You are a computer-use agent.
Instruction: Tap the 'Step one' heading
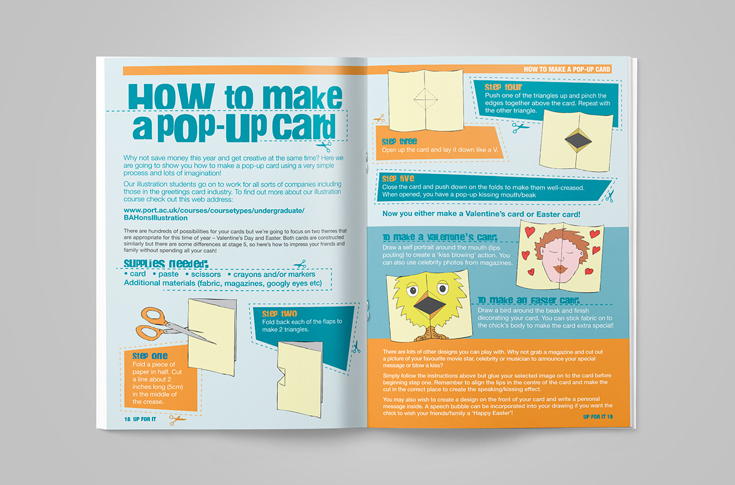click(150, 356)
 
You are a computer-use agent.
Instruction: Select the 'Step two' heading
click(279, 313)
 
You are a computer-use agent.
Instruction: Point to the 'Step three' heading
click(399, 142)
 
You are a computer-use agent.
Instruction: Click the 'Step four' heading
click(503, 87)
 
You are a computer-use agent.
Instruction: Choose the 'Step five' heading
click(398, 178)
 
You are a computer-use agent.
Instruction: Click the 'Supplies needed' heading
click(166, 264)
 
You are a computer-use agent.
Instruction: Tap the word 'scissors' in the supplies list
click(206, 274)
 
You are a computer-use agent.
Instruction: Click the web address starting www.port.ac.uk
click(214, 214)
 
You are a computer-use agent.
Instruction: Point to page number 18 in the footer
click(127, 419)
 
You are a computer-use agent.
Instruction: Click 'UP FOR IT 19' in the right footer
click(598, 417)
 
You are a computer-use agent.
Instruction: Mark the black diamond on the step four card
click(578, 140)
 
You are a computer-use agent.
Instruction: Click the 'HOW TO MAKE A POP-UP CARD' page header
click(567, 69)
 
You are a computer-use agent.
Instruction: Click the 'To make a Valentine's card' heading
click(440, 237)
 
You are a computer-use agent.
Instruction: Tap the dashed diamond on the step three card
click(425, 99)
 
